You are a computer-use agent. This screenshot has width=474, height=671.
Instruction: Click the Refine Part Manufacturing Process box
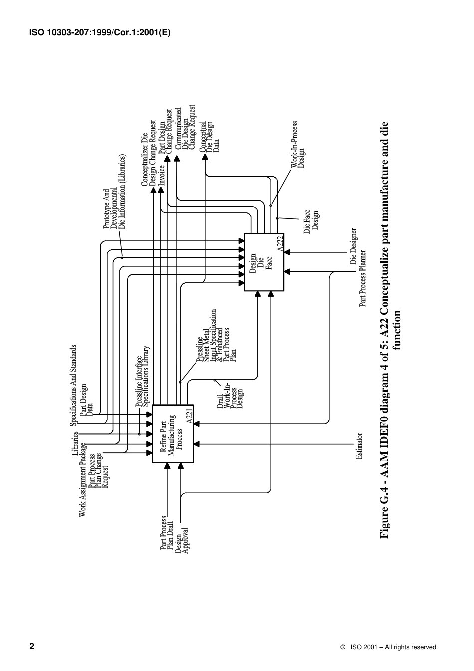(172, 434)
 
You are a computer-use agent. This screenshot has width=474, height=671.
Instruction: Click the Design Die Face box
(264, 262)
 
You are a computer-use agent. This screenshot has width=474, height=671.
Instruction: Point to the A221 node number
(189, 416)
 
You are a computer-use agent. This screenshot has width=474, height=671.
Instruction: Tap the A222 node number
(280, 243)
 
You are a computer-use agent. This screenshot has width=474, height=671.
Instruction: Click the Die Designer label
(353, 247)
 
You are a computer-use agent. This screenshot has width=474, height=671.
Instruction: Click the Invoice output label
(162, 176)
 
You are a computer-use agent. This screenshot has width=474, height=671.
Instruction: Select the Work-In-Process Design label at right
(298, 145)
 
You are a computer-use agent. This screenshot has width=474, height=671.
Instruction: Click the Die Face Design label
(311, 221)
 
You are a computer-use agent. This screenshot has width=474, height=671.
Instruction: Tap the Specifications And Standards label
(74, 385)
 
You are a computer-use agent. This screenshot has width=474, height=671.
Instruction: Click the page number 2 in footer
(32, 646)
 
